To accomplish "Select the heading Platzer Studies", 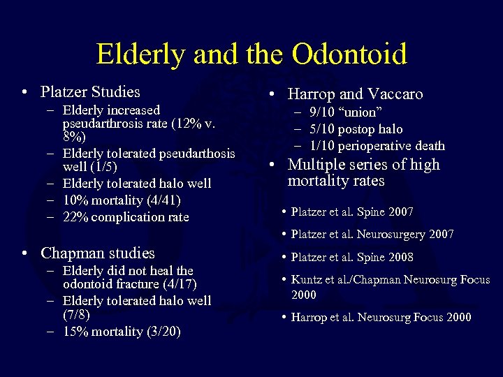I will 90,91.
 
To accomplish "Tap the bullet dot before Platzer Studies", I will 24,92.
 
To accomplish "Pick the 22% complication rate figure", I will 75,217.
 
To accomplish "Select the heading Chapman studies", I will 98,253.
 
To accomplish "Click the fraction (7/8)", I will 76,315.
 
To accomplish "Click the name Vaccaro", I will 395,94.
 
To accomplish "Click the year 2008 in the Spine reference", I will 399,257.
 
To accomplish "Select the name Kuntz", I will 307,280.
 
